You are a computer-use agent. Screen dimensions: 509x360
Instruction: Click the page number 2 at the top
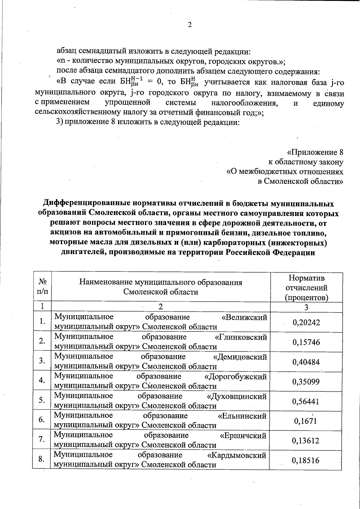pos(189,25)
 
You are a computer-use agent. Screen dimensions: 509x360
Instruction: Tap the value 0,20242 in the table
pos(306,322)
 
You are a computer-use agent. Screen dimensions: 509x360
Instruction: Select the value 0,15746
pos(306,342)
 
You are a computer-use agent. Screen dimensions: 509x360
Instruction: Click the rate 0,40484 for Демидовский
pos(306,362)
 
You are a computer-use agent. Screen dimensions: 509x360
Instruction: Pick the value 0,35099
pos(306,382)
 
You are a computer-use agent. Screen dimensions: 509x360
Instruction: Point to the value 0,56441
pos(306,402)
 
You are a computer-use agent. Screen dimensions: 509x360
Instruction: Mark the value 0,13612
pos(306,441)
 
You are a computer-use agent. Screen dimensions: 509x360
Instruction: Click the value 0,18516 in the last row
pos(306,460)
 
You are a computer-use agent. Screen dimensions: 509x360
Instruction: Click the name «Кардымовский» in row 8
pos(237,455)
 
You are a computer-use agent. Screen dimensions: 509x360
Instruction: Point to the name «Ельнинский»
pos(242,416)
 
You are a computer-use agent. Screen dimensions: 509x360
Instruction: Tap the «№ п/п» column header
pos(42,286)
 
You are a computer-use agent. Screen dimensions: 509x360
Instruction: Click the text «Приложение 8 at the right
pos(315,152)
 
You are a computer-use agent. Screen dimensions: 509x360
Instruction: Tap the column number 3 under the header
pos(306,307)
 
